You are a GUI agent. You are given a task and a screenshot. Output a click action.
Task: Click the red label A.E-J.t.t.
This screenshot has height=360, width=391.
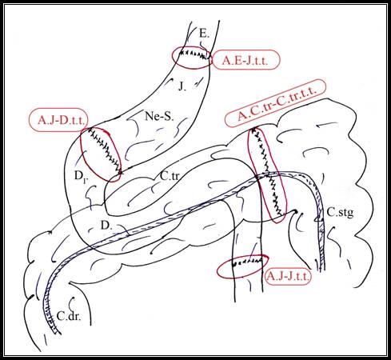(245, 61)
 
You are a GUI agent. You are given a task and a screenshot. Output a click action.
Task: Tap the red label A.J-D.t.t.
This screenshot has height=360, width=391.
(61, 120)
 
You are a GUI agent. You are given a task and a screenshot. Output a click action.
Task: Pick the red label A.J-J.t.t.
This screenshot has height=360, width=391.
(289, 277)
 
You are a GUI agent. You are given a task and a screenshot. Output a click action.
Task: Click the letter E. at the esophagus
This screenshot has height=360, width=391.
(204, 34)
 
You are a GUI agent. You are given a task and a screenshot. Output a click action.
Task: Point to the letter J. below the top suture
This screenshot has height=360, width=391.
(182, 86)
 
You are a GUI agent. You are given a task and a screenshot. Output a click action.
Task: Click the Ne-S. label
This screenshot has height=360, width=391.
(159, 116)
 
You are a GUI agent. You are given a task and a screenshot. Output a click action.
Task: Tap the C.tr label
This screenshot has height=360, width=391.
(170, 176)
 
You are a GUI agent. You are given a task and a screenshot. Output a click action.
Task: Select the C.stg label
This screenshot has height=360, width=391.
(340, 213)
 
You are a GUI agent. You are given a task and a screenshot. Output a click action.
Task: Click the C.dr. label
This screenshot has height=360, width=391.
(69, 316)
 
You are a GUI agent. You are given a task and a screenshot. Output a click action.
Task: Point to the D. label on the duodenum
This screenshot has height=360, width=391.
(106, 226)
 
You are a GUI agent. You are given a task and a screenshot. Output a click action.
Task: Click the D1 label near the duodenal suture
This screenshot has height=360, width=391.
(81, 177)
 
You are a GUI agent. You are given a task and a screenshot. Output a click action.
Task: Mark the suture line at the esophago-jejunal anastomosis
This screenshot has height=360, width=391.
(194, 54)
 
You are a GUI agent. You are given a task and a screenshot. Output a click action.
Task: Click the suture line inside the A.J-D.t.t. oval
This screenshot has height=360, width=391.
(104, 151)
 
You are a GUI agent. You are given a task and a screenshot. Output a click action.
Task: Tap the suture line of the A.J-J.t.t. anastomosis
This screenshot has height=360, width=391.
(247, 262)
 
